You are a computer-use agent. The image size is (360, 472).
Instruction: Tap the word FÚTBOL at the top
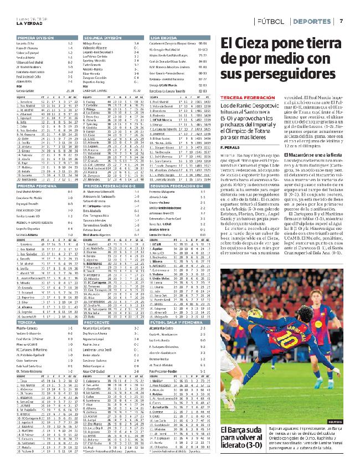point(271,21)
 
